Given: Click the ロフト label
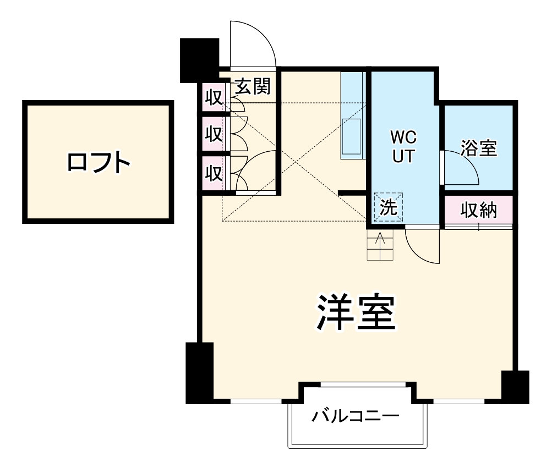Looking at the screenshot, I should pyautogui.click(x=99, y=162).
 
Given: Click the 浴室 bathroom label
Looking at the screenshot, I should pyautogui.click(x=479, y=148).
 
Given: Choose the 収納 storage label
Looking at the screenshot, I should pyautogui.click(x=479, y=210).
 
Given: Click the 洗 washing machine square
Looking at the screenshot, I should pyautogui.click(x=389, y=207).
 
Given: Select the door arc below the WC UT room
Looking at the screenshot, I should pyautogui.click(x=422, y=246).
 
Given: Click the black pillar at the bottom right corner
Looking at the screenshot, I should pyautogui.click(x=515, y=387).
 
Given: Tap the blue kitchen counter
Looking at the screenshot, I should pyautogui.click(x=352, y=116).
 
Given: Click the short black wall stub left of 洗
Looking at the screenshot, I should pyautogui.click(x=352, y=192).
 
